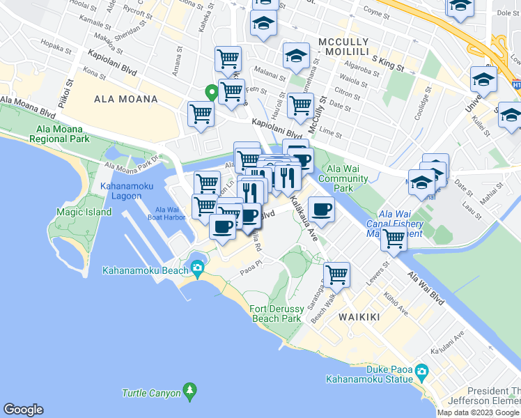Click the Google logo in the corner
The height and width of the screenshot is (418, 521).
point(23,410)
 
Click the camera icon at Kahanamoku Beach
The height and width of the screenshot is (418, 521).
point(199,268)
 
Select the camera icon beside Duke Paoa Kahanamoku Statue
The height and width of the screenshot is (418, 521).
point(421,372)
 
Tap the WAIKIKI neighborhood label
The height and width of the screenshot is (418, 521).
point(359,317)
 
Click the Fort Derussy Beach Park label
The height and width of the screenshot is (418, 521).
point(276,313)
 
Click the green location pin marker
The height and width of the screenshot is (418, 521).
point(210,91)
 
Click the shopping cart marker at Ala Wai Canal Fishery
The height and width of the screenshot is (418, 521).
point(394,239)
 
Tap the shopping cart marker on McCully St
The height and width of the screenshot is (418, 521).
point(300,106)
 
